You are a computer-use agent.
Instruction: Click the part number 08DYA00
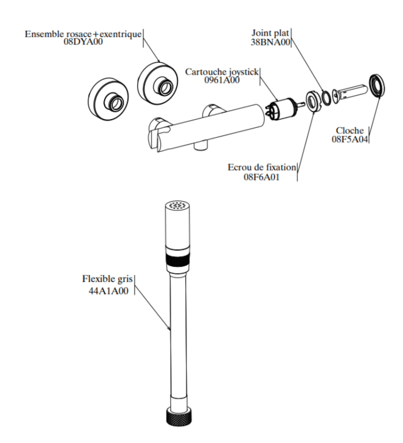[83, 42]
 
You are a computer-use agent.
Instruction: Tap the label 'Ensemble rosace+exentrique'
[83, 34]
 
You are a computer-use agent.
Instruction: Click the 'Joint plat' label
[271, 34]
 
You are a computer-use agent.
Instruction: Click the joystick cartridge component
[282, 106]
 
